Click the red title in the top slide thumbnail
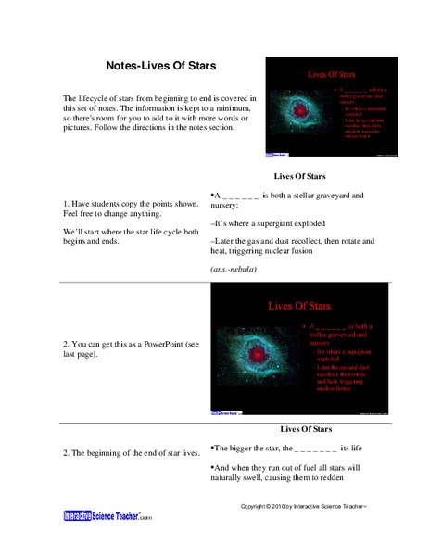[334, 72]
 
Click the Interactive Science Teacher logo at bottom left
[107, 514]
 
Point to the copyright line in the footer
[304, 508]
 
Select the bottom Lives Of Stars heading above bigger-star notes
[306, 429]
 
